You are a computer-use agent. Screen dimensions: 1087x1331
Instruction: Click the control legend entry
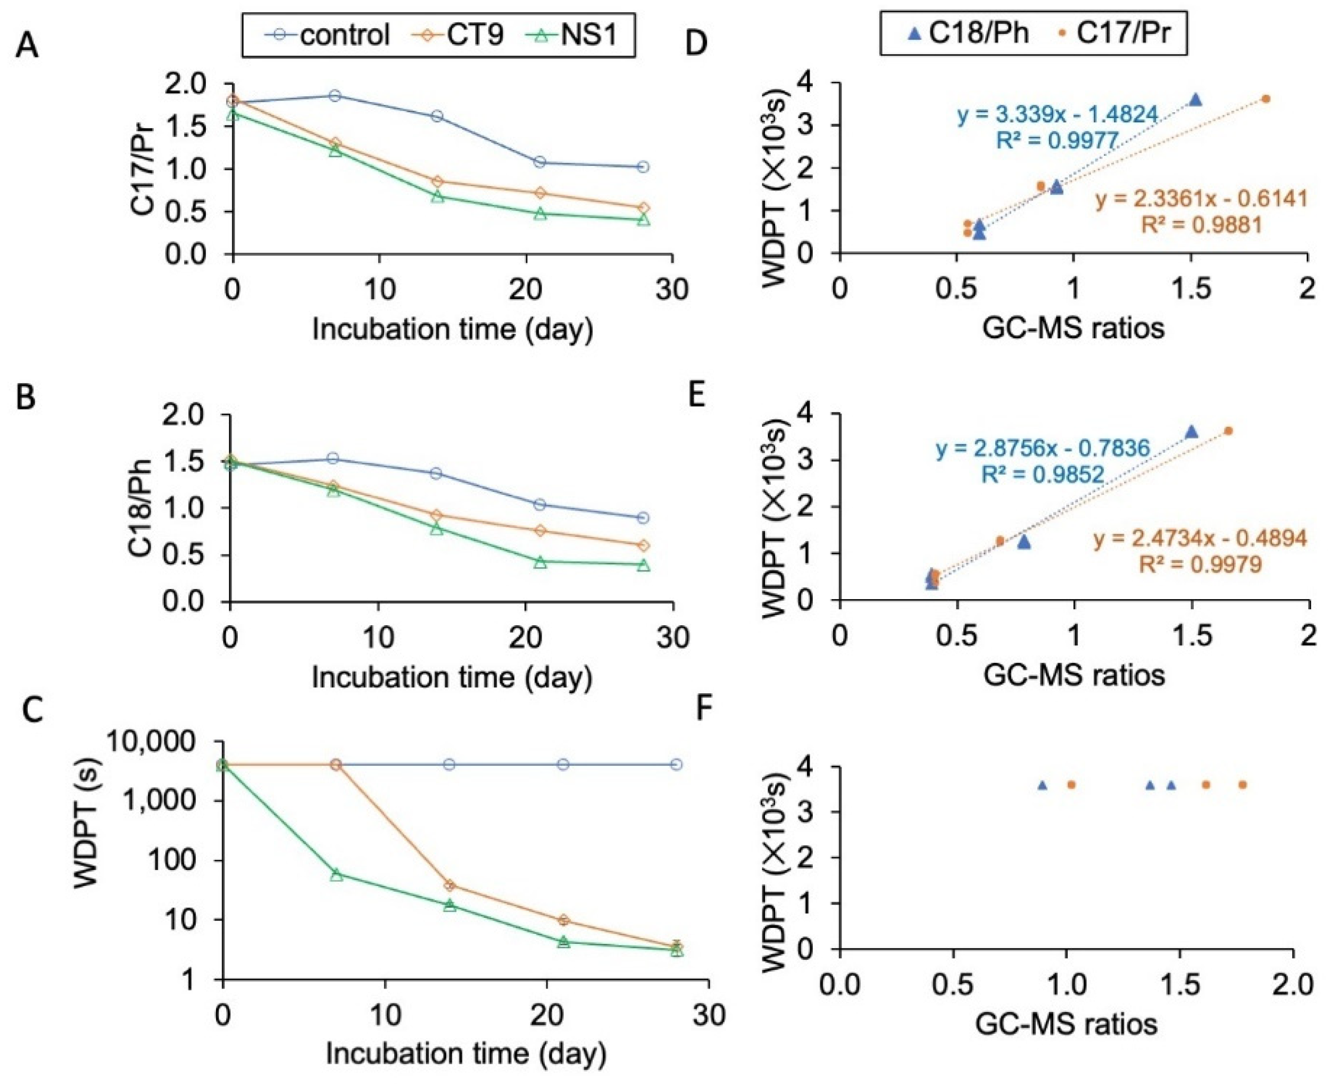pyautogui.click(x=332, y=34)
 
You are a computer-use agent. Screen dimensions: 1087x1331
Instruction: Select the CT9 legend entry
pyautogui.click(x=463, y=34)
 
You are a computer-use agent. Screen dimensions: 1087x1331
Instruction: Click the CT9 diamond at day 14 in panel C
pyautogui.click(x=450, y=885)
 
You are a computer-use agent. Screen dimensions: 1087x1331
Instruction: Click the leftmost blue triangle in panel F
pyautogui.click(x=1042, y=785)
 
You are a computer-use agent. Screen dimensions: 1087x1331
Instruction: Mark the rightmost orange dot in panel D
pyautogui.click(x=1266, y=98)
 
